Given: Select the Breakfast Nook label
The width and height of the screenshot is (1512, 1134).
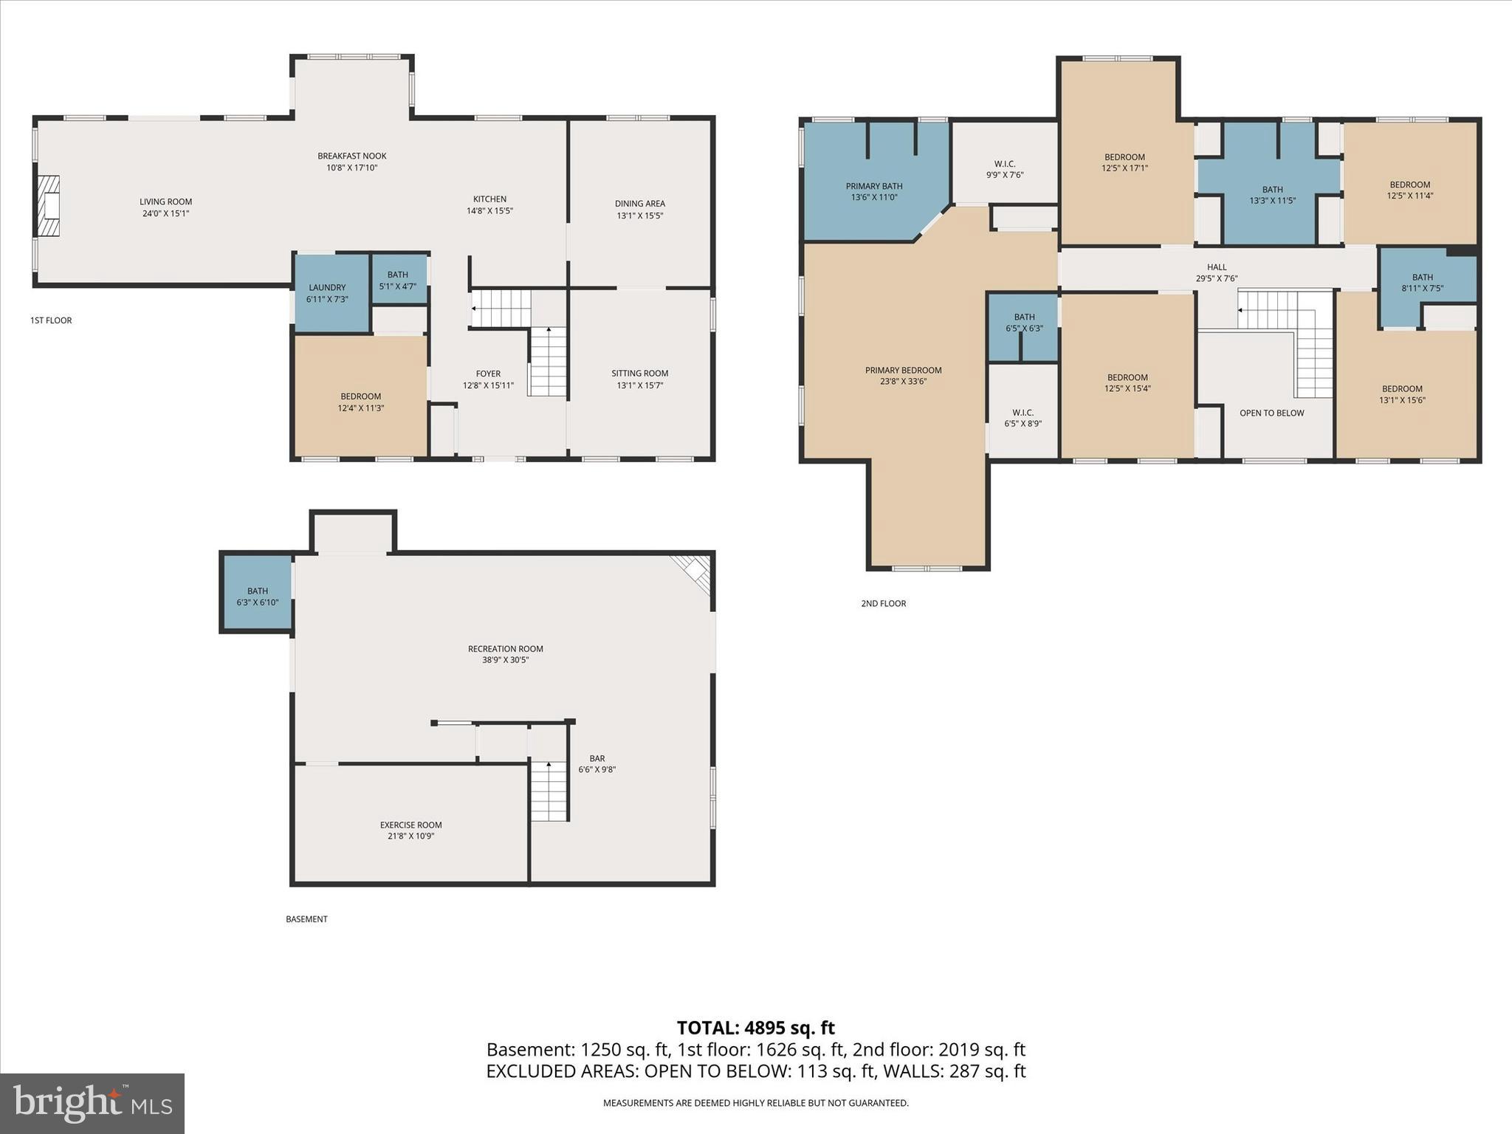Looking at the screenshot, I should point(352,156).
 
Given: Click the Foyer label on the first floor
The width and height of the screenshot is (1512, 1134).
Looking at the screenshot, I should point(488,374).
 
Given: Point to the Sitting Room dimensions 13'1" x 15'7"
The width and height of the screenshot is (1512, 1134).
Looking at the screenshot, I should point(639,385).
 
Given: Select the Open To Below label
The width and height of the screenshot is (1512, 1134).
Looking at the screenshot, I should point(1271,413).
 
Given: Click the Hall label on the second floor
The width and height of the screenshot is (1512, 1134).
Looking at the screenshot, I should point(1217,267).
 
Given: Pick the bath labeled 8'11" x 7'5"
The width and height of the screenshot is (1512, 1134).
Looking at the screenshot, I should point(1422,283).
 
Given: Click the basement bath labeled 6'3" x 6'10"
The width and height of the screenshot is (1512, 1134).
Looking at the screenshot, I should point(258,597).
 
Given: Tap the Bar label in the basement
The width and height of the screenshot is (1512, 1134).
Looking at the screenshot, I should point(597,758).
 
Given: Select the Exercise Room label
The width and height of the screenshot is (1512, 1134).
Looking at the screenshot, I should point(410,825).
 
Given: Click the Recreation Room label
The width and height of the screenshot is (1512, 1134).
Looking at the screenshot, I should point(505,649).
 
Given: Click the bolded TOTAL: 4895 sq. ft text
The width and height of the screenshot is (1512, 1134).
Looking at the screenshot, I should point(755,1028).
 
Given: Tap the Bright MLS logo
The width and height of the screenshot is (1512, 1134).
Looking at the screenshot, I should point(92,1103).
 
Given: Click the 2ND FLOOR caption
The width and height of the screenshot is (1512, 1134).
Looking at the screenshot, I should point(883,603).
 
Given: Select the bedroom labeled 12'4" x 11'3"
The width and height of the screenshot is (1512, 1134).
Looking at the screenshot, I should point(361,402).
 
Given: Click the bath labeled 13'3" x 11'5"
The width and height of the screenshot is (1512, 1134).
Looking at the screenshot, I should point(1272,195).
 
